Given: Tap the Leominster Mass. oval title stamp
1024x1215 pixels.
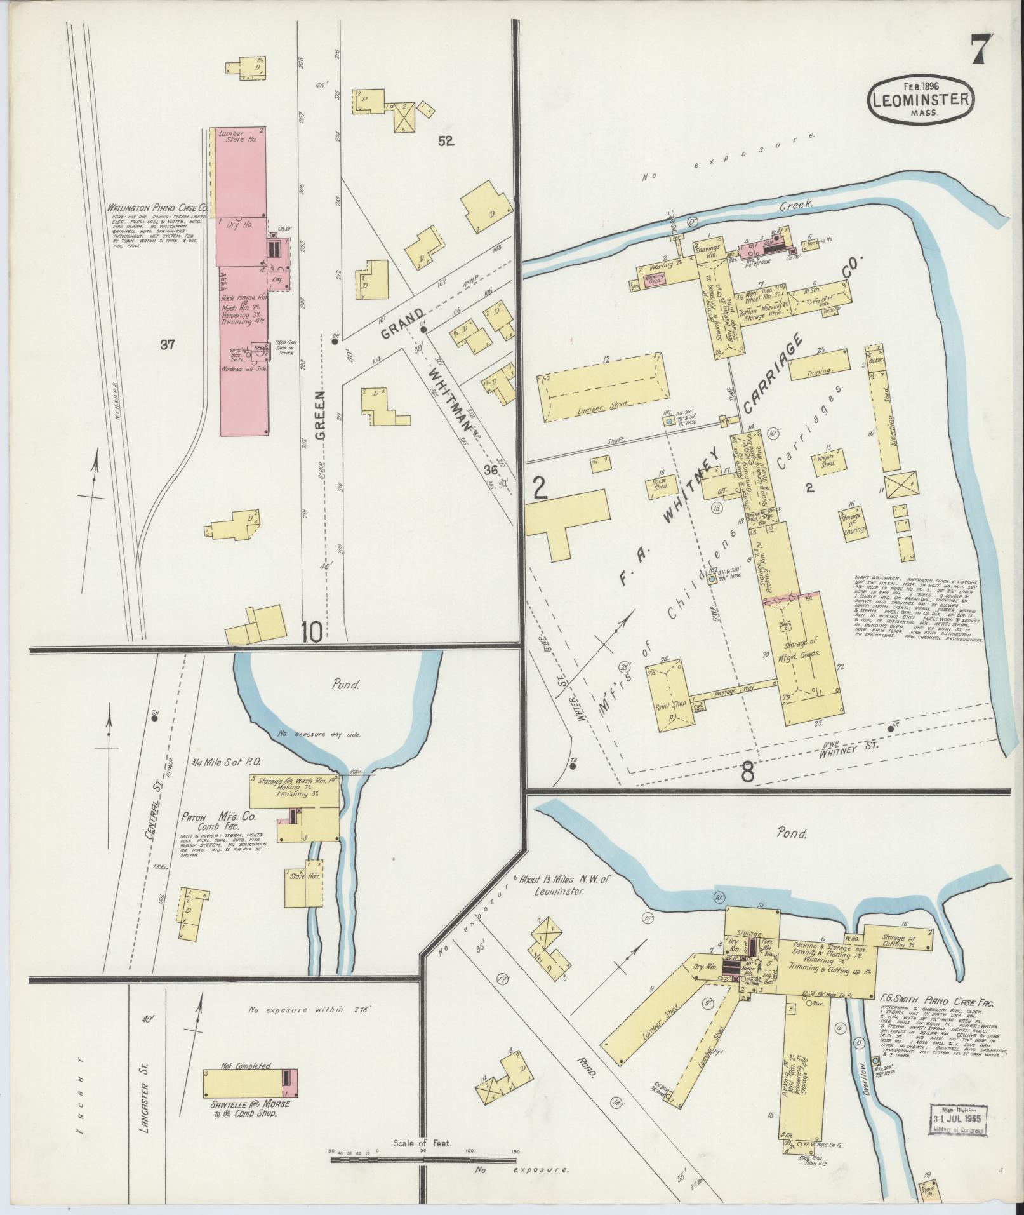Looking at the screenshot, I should [x=921, y=98].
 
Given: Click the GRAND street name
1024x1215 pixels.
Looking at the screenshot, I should [x=402, y=323].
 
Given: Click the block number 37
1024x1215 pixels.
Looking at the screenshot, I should [x=168, y=345].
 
